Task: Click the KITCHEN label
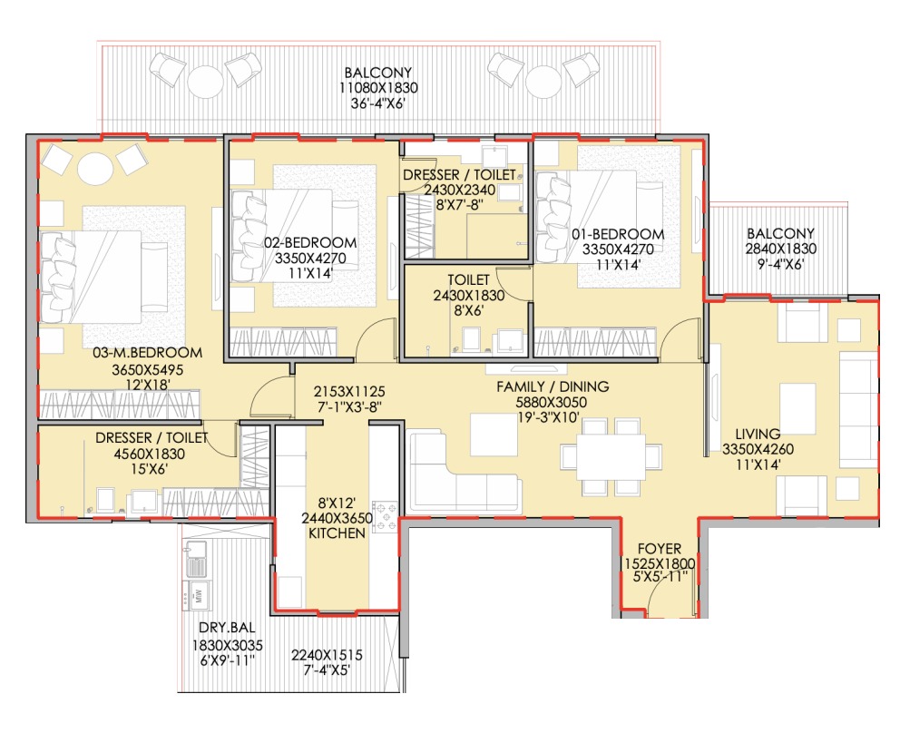pos(337,534)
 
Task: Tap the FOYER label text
pos(658,548)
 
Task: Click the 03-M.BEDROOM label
pos(134,353)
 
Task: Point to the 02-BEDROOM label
pos(310,243)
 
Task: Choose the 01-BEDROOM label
pos(617,234)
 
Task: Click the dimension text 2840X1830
pos(780,249)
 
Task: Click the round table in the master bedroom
pos(94,166)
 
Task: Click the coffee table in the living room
pos(797,408)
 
